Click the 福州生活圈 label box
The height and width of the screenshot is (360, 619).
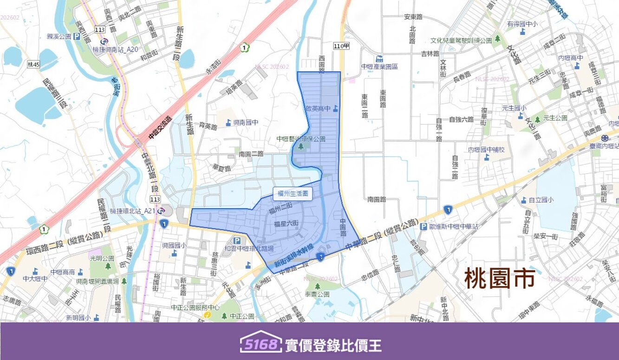pos(293,194)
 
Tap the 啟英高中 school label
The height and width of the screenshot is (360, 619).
pos(318,109)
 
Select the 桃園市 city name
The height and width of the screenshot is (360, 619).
pos(500,278)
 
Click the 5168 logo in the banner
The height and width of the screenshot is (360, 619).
pos(261,345)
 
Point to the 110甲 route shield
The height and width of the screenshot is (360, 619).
pos(341,46)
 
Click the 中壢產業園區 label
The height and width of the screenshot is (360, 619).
pos(379,66)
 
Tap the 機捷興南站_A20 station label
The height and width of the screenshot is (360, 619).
pos(116,49)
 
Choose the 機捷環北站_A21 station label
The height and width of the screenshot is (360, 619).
pos(132,211)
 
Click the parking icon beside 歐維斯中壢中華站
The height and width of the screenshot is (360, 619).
pos(423,227)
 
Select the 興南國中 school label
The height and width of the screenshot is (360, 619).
pos(245,122)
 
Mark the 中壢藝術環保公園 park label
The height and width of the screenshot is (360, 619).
pos(301,139)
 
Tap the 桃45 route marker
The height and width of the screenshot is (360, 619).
pos(34,64)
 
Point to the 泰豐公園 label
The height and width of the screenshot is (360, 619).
pos(317,294)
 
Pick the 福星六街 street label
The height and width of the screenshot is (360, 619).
pos(286,224)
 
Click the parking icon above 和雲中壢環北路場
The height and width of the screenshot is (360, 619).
pos(237,240)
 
